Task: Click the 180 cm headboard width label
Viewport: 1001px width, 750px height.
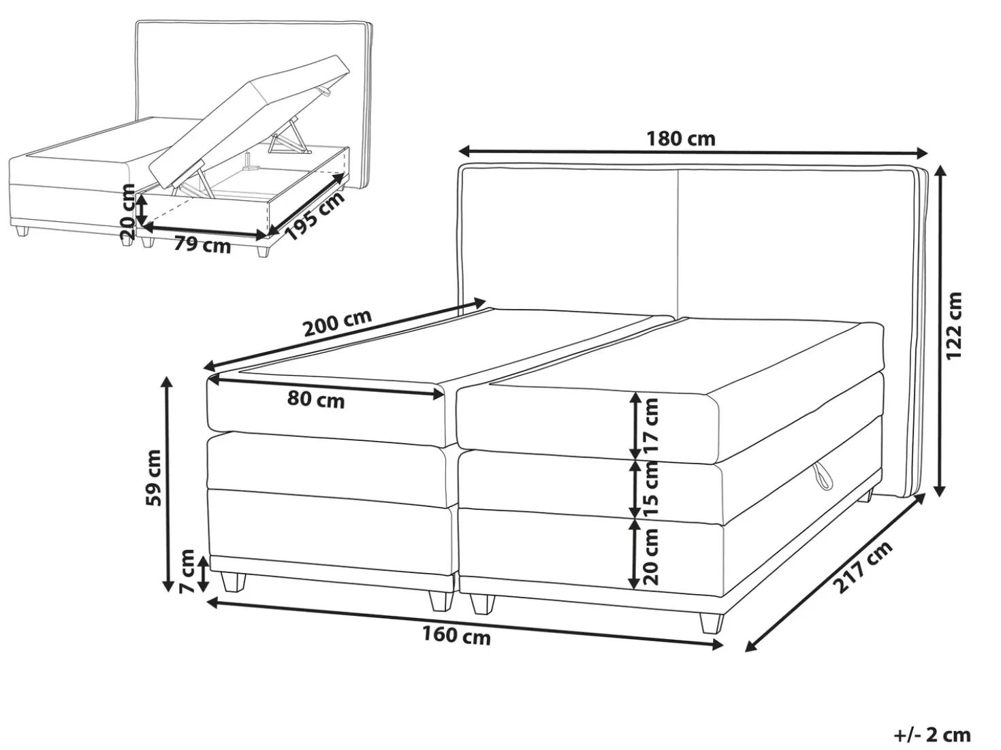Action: (680, 139)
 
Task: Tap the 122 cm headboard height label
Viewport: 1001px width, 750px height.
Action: (954, 325)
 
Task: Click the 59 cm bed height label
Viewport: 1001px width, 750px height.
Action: (153, 478)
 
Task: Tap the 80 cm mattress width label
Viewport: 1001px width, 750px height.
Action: (315, 400)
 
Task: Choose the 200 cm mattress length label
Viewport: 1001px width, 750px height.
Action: (338, 323)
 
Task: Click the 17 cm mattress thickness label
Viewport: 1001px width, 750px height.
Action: (651, 425)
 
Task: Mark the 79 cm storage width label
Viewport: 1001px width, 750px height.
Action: (202, 246)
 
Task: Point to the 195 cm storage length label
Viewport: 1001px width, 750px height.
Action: (314, 217)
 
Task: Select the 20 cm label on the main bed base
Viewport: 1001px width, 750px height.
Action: (651, 556)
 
